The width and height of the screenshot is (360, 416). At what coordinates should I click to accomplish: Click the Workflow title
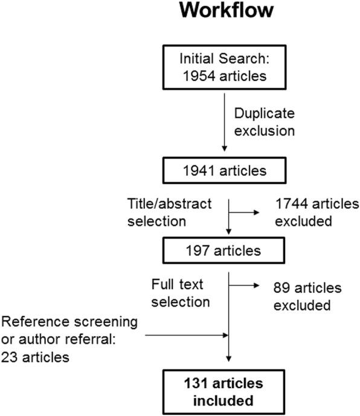(x=226, y=10)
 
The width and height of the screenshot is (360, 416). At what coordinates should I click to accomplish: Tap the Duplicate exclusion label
(x=265, y=122)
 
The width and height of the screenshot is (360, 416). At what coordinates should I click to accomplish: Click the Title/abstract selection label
(x=169, y=213)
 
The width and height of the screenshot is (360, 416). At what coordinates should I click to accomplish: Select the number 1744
(x=292, y=203)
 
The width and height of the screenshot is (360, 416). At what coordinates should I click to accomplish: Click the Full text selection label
(x=181, y=293)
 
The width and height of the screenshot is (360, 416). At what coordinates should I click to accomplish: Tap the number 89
(x=281, y=288)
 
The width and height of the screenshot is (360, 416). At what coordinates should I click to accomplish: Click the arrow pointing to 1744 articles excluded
(x=244, y=213)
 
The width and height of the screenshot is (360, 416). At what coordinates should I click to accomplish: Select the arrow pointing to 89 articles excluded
(x=244, y=286)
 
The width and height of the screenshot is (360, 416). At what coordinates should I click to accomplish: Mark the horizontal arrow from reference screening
(x=187, y=335)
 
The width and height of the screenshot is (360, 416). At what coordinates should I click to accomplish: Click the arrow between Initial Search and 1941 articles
(x=224, y=123)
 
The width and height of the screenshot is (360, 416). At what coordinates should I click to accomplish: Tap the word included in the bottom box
(x=223, y=401)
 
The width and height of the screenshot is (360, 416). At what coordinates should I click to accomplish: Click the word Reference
(x=36, y=322)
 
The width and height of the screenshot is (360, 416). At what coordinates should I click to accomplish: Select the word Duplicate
(x=265, y=114)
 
